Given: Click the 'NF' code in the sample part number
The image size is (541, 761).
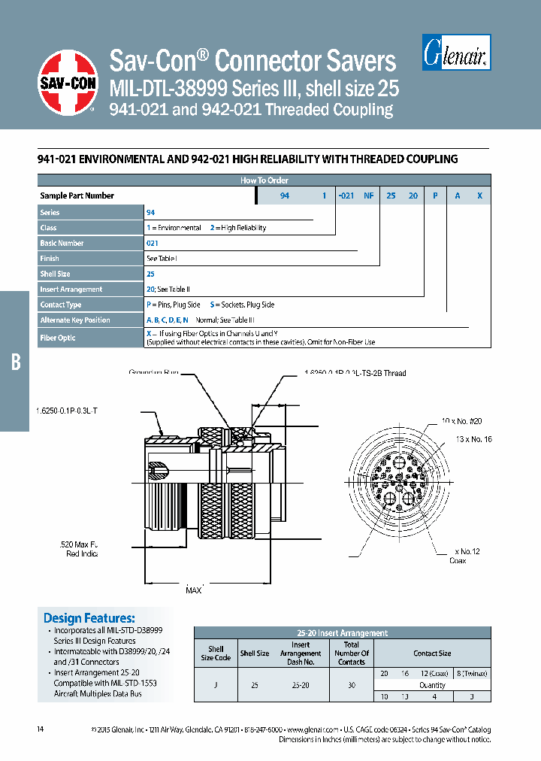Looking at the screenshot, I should point(369,196).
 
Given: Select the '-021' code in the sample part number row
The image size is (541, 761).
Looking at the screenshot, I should point(345,196).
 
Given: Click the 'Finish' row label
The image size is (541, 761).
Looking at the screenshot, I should point(50,258).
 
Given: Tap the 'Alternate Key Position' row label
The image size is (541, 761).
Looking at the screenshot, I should point(74,320).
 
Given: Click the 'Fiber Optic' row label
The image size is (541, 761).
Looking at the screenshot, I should point(58,338).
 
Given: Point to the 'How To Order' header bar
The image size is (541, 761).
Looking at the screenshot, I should point(264,180).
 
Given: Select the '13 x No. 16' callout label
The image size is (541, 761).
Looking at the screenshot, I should point(473,439).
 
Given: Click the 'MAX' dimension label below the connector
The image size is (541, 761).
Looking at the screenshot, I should point(195,591).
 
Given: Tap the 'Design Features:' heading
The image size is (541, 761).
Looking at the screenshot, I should point(89,617).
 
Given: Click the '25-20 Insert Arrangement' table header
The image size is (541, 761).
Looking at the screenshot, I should point(342,633).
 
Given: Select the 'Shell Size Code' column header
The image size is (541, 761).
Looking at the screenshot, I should point(216,653).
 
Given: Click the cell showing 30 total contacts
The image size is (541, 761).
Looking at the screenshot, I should point(351,685).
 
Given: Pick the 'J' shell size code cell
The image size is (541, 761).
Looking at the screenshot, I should point(216,685).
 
